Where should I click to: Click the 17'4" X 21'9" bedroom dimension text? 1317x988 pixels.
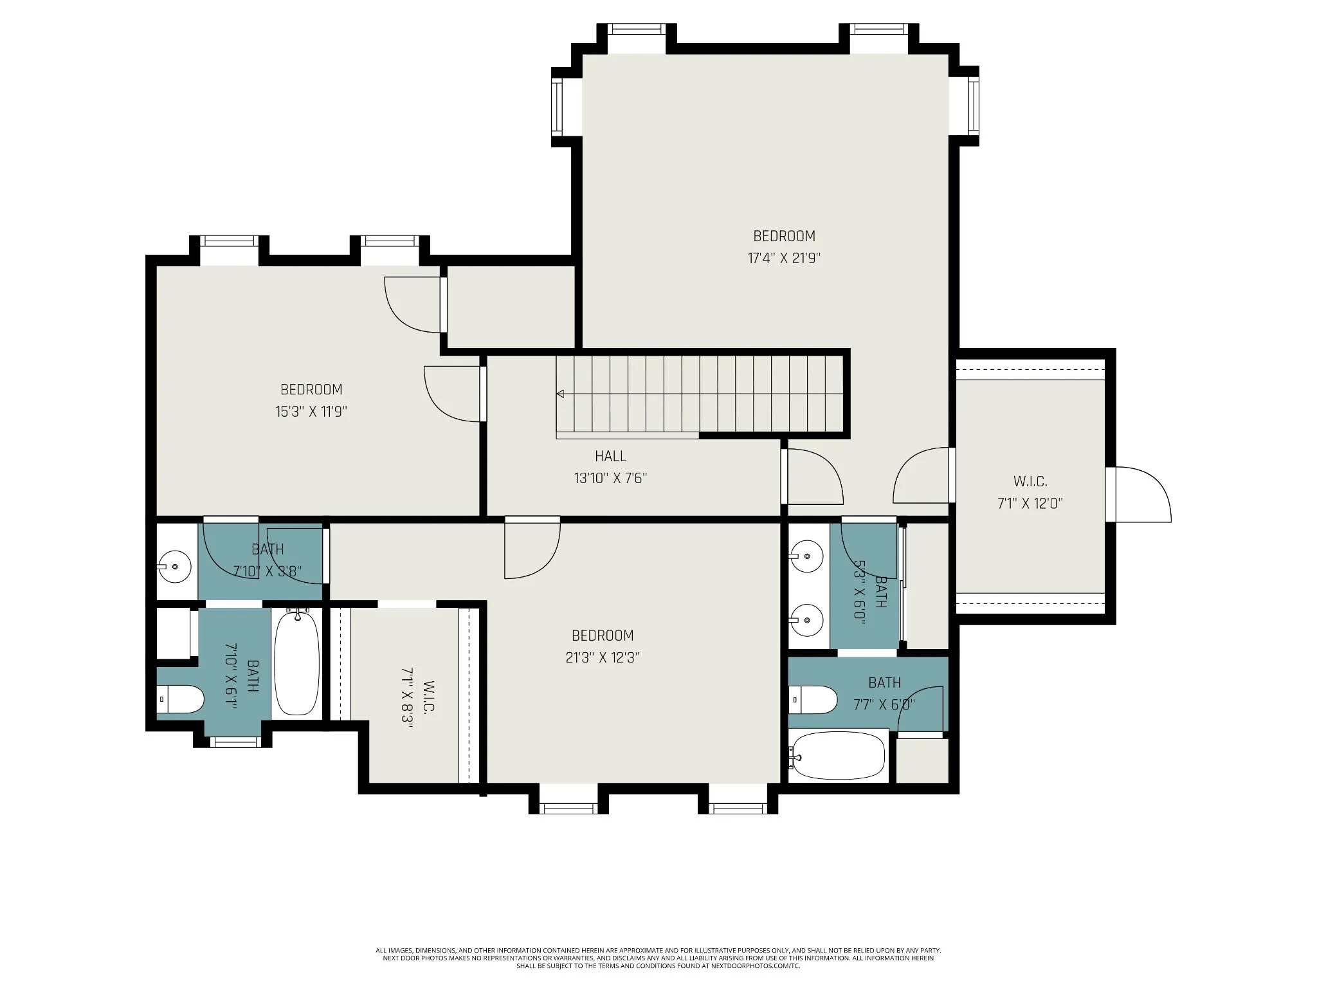point(784,259)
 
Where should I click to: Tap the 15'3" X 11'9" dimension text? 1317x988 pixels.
point(311,412)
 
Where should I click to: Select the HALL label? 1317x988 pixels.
point(610,457)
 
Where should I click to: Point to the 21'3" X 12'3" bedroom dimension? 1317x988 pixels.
point(603,658)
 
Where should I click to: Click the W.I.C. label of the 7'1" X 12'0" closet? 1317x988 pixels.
point(1030,481)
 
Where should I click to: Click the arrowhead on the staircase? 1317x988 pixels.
point(560,394)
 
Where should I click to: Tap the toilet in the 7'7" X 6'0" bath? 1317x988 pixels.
point(813,700)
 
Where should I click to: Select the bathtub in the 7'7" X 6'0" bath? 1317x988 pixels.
point(839,756)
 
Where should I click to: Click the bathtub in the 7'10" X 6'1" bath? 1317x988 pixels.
point(297,663)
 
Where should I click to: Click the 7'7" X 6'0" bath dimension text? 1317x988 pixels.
point(884,705)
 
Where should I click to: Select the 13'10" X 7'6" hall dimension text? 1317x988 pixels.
point(610,479)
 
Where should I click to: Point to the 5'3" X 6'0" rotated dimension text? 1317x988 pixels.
point(860,591)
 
